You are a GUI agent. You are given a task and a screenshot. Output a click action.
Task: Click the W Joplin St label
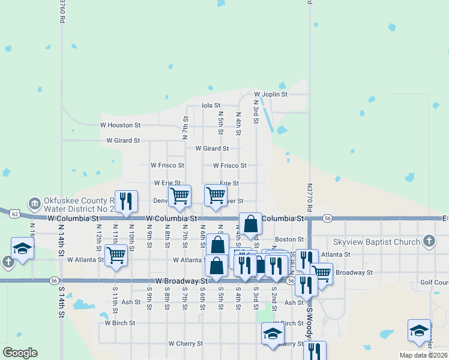point(271,94)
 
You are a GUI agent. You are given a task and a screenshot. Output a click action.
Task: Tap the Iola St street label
point(211,105)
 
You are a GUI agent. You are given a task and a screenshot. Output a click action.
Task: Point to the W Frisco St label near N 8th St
point(167,165)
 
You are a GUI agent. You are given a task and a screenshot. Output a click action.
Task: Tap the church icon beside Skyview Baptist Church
point(429,241)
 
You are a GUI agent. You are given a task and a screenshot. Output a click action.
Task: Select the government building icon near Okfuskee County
point(34,204)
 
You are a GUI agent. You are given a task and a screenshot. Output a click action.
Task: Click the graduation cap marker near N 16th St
point(23,248)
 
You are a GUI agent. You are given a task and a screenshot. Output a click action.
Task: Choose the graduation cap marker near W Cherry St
point(273,334)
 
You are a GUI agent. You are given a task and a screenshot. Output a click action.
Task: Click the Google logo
point(20,353)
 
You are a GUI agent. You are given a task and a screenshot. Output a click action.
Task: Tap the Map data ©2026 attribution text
point(423,355)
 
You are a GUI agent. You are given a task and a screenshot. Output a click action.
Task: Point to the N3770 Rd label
point(310,197)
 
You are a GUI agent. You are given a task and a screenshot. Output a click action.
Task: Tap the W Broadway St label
point(181,280)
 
